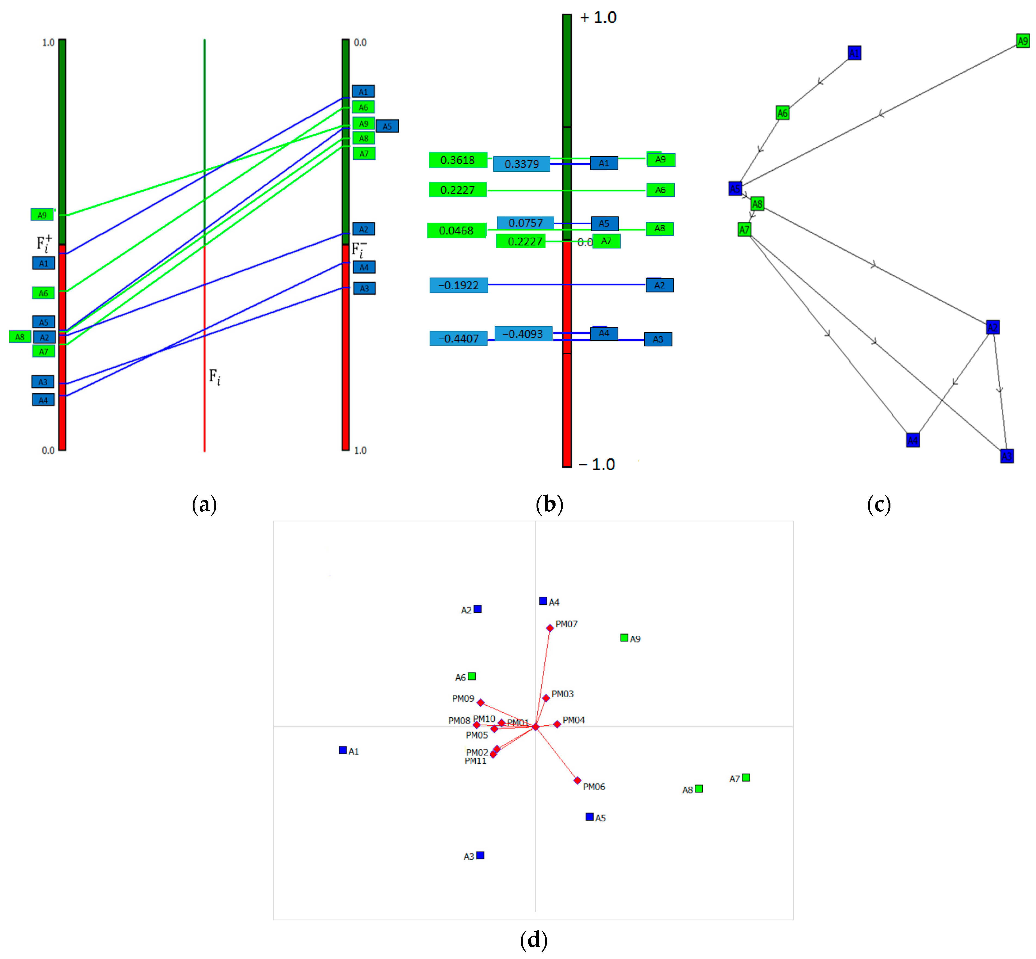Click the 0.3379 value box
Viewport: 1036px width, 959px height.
[x=521, y=164]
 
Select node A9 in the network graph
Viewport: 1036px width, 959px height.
[x=1022, y=41]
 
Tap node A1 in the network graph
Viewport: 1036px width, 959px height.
[x=854, y=53]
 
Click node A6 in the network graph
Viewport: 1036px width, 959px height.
[x=782, y=113]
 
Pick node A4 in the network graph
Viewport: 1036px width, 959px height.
[x=912, y=440]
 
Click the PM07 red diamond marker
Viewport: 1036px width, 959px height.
[x=550, y=628]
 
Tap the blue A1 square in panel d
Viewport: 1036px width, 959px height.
[x=343, y=750]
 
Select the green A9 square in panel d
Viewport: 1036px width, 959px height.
[x=624, y=637]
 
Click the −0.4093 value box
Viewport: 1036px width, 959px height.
[x=523, y=334]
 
